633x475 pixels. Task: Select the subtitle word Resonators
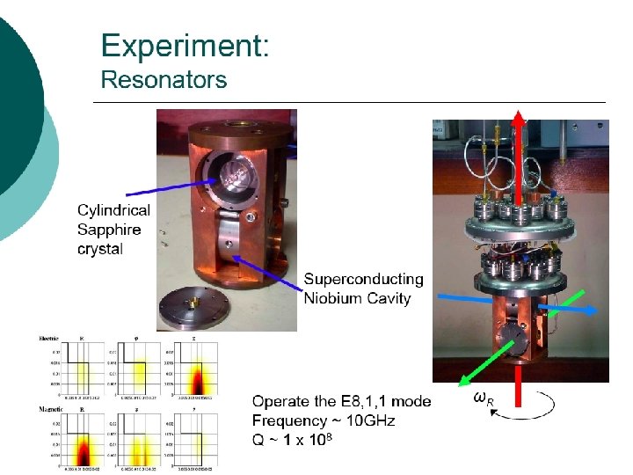[x=164, y=80]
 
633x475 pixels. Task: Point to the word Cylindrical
[x=113, y=210]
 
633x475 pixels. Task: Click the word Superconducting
[x=363, y=280]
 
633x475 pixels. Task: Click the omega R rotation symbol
[x=483, y=398]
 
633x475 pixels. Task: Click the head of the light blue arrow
[x=600, y=310]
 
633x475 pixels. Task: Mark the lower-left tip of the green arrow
[x=461, y=386]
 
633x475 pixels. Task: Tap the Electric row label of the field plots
[x=48, y=338]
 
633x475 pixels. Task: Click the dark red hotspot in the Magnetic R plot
[x=84, y=452]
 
